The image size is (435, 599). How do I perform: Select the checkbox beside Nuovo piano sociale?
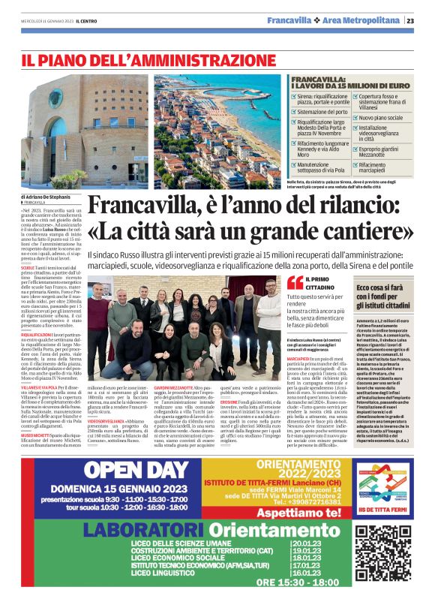pos(355,118)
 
